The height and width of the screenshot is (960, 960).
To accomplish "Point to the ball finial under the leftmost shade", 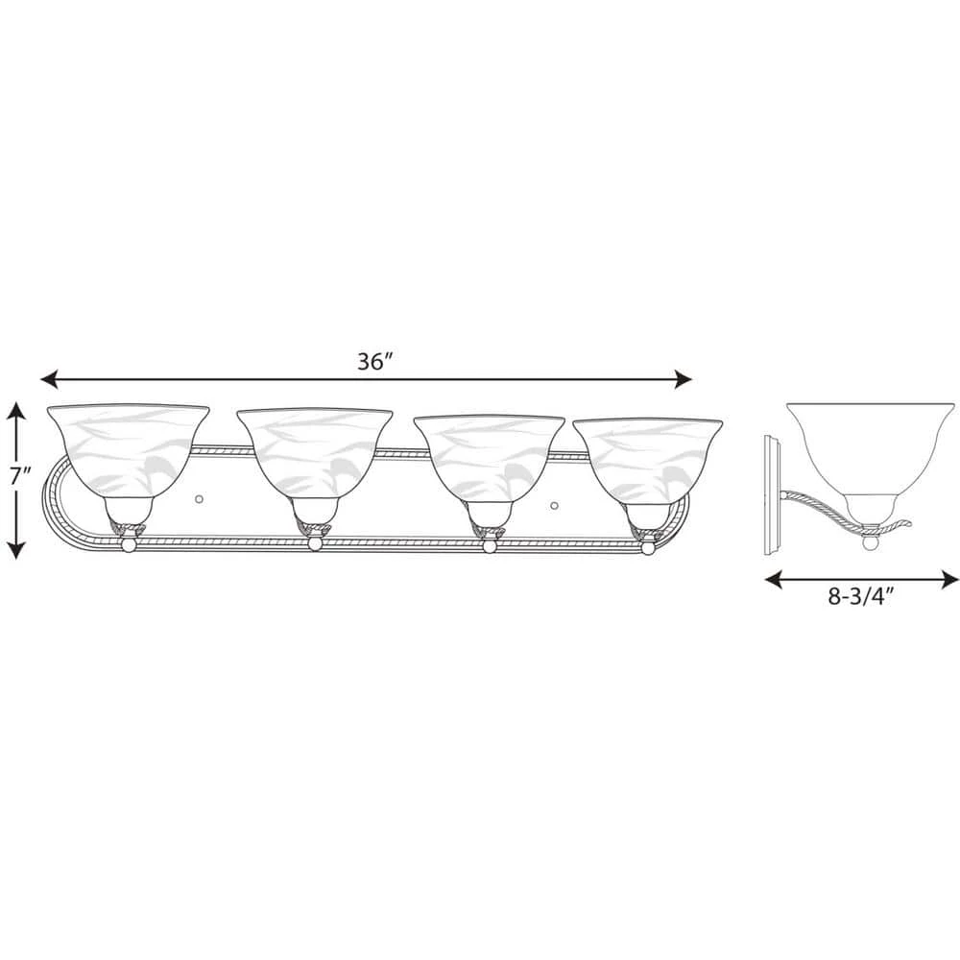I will (129, 547).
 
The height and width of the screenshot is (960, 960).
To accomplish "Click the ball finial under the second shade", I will (314, 546).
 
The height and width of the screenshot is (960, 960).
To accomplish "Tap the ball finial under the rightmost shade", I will (646, 548).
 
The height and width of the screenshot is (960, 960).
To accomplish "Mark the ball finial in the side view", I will (870, 544).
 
